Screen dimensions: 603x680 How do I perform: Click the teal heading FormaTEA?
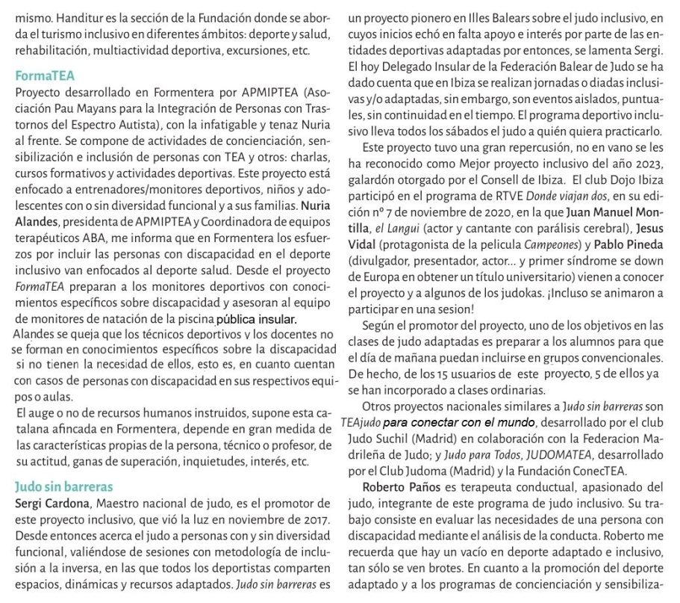[46, 76]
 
